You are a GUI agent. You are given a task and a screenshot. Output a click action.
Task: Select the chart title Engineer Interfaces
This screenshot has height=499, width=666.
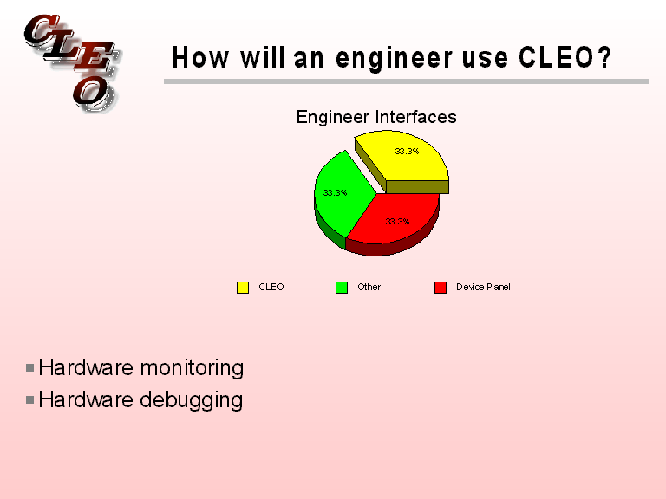[376, 117]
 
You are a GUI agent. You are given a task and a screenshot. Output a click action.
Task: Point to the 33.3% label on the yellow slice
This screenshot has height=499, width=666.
[407, 151]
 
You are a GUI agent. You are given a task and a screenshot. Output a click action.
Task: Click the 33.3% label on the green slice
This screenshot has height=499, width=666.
[335, 192]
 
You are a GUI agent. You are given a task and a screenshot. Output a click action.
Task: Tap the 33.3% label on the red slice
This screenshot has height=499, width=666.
[397, 222]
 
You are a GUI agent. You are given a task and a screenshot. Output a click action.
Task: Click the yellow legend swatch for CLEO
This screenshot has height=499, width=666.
[243, 287]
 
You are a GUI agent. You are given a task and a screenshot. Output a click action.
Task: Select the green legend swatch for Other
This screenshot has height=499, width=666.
[342, 287]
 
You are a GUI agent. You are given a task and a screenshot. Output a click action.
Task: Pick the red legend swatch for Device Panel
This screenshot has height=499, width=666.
[441, 287]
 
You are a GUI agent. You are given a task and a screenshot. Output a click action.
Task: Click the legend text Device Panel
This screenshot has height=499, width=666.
[483, 287]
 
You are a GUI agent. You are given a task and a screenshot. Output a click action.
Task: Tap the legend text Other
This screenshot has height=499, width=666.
[369, 287]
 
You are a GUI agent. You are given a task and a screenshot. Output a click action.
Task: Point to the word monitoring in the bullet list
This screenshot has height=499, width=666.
[191, 367]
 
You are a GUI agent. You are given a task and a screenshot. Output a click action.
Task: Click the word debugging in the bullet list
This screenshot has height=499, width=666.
[191, 400]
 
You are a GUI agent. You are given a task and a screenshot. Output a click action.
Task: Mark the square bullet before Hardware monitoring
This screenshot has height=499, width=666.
[30, 367]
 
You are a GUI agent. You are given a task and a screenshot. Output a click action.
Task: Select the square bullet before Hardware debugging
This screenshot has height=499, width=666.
[30, 400]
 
